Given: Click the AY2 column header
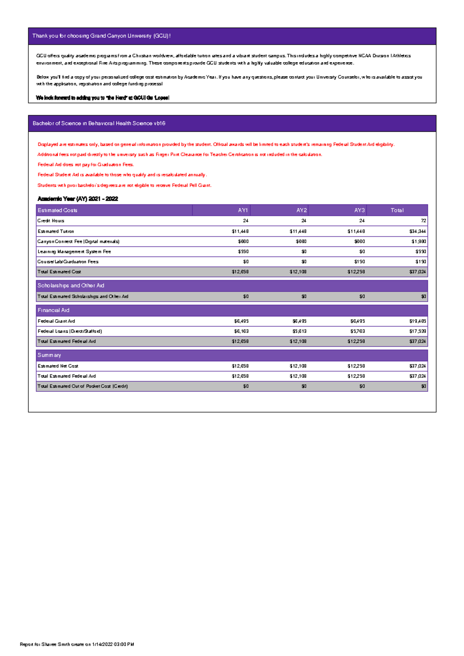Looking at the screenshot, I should point(301,210).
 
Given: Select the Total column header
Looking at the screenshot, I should point(397,210).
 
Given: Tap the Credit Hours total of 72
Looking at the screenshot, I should point(423,221).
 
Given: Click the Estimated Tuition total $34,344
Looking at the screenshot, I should point(418,231).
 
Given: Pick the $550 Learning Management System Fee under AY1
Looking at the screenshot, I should point(243,252).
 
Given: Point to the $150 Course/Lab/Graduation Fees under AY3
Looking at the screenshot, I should point(359,262).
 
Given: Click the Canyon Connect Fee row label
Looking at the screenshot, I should point(78,241).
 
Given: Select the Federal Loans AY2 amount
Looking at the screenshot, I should point(299,331).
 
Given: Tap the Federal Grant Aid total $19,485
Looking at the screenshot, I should point(418,321).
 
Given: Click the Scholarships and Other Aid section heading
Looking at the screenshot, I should point(71,286).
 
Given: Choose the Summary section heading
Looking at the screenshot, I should point(49,355).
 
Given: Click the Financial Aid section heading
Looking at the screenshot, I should point(53,310).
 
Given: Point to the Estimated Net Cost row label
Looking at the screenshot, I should point(58,366).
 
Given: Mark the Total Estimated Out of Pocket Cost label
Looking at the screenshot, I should point(83,386).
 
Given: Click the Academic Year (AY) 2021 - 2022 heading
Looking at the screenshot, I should point(78,199).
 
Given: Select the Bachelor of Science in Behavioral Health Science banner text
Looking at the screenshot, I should point(99,123).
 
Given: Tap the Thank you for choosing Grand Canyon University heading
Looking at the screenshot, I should point(101,36).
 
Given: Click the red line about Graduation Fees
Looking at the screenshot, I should point(85,165).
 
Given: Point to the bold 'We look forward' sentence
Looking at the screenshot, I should point(102,98).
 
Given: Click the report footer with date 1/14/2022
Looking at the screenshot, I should point(77,644).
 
